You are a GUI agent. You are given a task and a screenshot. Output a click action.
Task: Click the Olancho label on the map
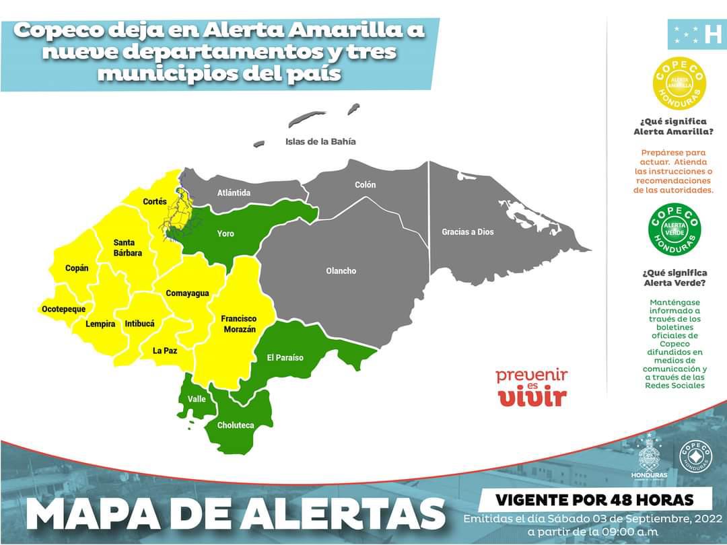pyautogui.click(x=341, y=271)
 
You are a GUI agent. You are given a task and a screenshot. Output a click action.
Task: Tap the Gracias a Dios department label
pyautogui.click(x=467, y=232)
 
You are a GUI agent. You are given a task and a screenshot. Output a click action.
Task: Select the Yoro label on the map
pyautogui.click(x=226, y=233)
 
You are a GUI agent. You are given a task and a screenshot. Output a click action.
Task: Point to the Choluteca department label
pyautogui.click(x=236, y=425)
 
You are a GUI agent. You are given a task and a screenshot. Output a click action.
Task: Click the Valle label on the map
pyautogui.click(x=197, y=399)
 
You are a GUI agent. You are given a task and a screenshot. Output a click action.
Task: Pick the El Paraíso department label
pyautogui.click(x=285, y=357)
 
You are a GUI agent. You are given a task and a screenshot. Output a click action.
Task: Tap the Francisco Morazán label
pyautogui.click(x=238, y=324)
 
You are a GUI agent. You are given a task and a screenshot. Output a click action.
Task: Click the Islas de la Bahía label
pyautogui.click(x=320, y=142)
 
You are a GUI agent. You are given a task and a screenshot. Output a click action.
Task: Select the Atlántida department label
pyautogui.click(x=234, y=193)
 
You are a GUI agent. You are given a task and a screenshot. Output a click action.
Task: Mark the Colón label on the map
pyautogui.click(x=366, y=184)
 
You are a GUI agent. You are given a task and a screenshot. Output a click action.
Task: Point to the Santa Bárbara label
pyautogui.click(x=128, y=248)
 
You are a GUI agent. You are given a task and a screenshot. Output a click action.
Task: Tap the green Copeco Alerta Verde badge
pyautogui.click(x=674, y=229)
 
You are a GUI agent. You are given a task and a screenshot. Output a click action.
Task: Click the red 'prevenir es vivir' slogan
pyautogui.click(x=531, y=387)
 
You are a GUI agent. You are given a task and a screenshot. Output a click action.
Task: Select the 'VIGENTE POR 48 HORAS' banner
pyautogui.click(x=594, y=500)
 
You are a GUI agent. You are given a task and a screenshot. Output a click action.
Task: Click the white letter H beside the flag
pyautogui.click(x=712, y=34)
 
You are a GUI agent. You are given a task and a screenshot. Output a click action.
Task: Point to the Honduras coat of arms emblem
pyautogui.click(x=650, y=456)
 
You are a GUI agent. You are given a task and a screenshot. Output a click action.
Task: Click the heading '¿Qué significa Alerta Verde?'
pyautogui.click(x=674, y=277)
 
